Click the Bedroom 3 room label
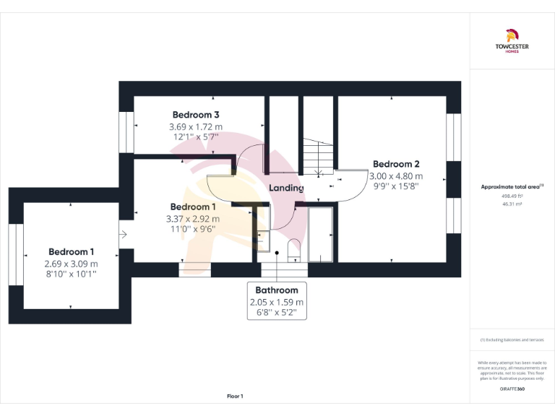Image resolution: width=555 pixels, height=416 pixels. (196, 115)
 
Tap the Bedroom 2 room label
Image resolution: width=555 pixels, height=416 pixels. (396, 164)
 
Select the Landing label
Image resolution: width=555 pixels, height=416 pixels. (286, 188)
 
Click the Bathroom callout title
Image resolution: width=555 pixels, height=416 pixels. (277, 290)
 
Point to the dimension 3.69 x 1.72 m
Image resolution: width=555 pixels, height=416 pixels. (196, 127)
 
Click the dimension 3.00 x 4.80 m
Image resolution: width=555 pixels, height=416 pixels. (396, 175)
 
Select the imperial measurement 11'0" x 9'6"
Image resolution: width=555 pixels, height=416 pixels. (194, 229)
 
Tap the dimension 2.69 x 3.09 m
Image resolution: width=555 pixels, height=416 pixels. (71, 264)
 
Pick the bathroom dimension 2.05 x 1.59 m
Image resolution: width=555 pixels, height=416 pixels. (277, 302)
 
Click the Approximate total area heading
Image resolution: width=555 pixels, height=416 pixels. (511, 187)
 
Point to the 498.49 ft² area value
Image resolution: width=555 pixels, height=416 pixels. (511, 196)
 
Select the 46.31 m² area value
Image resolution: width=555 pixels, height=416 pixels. (511, 204)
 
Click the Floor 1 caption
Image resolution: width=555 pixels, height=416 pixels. (235, 396)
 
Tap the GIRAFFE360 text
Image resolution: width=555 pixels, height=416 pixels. (512, 389)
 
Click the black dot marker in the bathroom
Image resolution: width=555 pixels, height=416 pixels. (277, 252)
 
